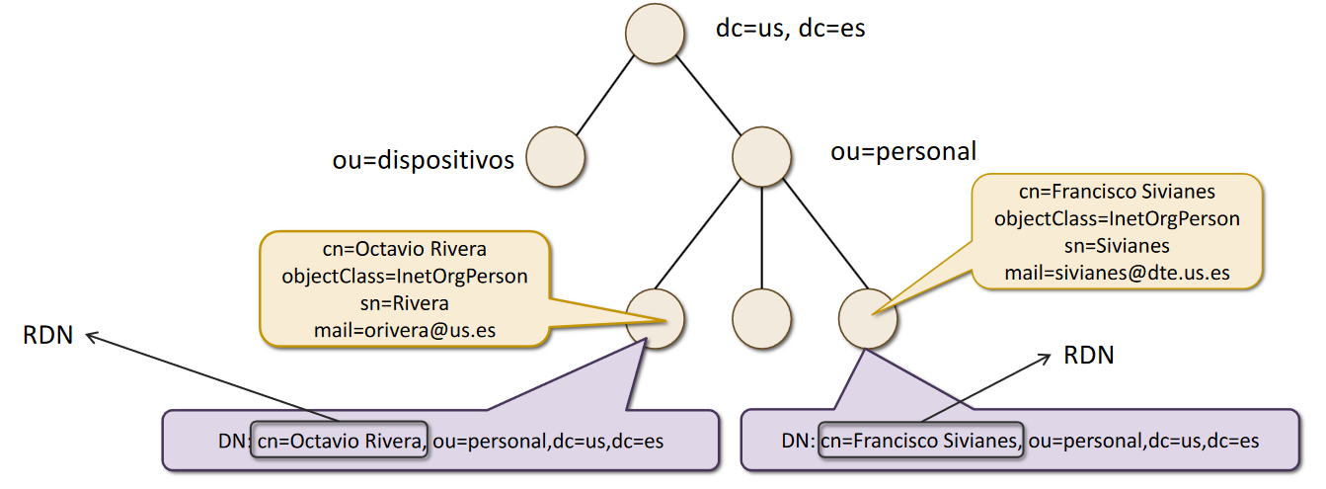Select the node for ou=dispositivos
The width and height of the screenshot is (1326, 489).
(x=555, y=155)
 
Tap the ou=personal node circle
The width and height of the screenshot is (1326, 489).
(x=762, y=155)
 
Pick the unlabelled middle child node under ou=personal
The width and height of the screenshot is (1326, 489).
(x=762, y=316)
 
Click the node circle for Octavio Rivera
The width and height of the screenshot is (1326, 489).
(x=656, y=316)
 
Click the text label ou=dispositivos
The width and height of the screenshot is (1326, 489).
(x=424, y=159)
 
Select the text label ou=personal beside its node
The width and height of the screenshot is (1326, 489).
(x=904, y=151)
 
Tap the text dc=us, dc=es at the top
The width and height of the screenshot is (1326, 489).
(x=790, y=29)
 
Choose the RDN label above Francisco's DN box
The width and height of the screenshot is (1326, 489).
(x=1088, y=355)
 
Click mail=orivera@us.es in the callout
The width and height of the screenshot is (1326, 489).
(x=404, y=330)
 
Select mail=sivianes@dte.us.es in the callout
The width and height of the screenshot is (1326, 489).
(x=1117, y=272)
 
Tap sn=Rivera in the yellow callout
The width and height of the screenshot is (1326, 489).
(x=404, y=303)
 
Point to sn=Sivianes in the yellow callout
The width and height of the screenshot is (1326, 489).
(x=1117, y=245)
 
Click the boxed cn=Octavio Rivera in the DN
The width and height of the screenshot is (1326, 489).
(x=341, y=441)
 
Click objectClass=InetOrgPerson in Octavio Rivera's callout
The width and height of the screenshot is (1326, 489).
(x=404, y=276)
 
